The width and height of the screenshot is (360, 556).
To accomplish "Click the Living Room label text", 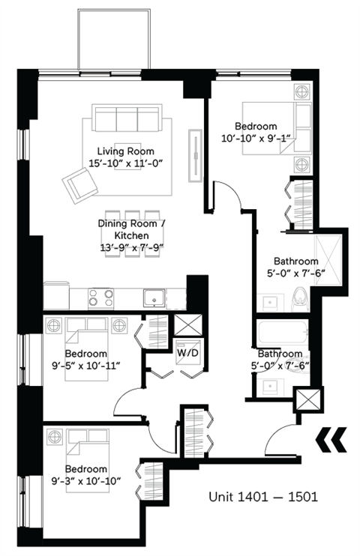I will [125, 151].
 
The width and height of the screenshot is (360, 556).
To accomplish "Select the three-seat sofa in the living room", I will [127, 119].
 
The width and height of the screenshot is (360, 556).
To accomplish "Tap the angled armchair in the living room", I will [80, 184].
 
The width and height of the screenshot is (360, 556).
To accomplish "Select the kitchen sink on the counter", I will [155, 297].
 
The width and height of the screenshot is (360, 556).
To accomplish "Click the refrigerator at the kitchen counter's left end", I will [56, 295].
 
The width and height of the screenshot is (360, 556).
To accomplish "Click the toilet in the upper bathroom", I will [298, 297].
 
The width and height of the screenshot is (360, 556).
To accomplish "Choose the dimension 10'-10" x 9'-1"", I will [255, 139].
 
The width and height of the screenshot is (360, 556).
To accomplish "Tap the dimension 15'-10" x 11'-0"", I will [125, 163].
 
